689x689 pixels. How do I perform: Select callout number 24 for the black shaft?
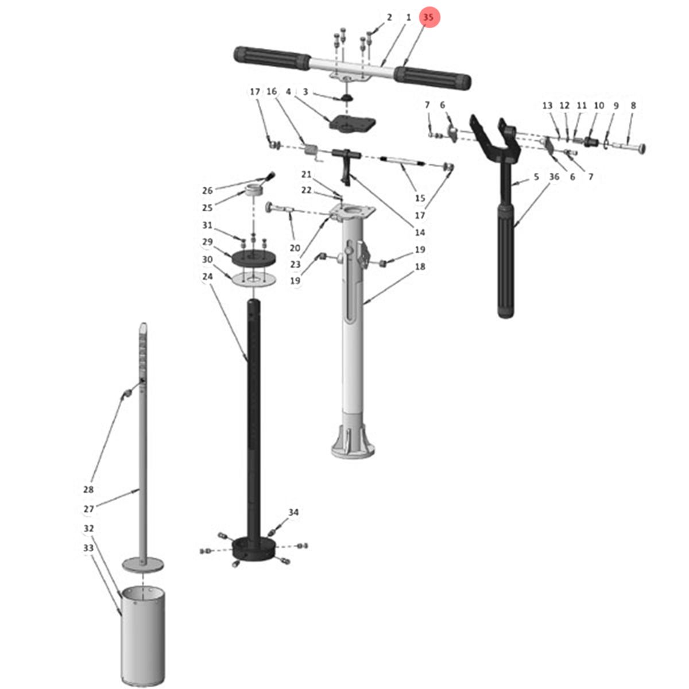207,276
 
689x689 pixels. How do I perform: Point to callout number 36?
554,176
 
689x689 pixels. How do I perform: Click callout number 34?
293,512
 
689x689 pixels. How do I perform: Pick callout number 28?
88,490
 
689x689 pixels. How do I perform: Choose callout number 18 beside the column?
420,266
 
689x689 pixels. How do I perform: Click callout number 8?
633,106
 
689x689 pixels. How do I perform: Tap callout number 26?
207,191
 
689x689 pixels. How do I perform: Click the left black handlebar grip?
272,59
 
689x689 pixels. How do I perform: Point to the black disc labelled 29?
254,258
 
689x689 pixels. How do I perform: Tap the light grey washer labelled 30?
254,279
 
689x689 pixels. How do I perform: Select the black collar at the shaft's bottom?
254,549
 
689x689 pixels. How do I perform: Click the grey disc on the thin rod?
142,565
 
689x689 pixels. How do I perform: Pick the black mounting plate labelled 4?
352,124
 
